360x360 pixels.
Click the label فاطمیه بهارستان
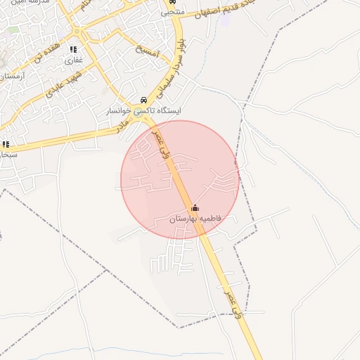point(195,219)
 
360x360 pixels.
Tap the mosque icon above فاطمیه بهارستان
point(195,207)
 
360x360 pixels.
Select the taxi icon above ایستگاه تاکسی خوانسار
point(143,100)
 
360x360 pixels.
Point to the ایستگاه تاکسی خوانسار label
point(143,111)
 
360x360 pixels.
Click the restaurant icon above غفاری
point(72,49)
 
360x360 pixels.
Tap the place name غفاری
point(74,60)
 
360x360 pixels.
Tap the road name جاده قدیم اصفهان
point(219,11)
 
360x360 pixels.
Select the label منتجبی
point(172,13)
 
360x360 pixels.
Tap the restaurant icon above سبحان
point(6,144)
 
